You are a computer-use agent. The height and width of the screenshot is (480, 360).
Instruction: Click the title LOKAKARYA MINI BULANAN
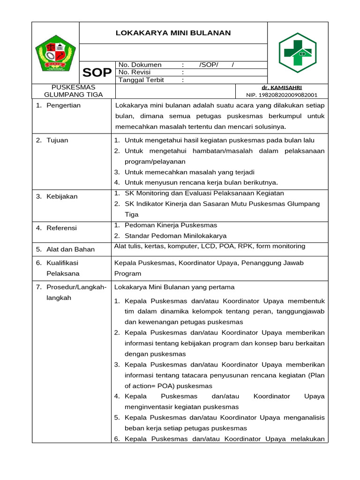[x=173, y=33]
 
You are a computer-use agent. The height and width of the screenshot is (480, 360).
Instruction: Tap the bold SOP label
[x=97, y=73]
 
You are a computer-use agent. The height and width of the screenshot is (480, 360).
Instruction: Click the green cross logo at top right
[x=298, y=52]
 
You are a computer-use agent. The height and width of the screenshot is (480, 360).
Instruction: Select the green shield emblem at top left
[x=56, y=53]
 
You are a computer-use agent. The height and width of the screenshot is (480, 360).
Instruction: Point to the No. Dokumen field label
[x=140, y=65]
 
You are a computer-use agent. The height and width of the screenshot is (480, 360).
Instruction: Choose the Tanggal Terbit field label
[x=141, y=80]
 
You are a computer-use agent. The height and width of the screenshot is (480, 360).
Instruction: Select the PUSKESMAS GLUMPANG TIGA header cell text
[x=73, y=90]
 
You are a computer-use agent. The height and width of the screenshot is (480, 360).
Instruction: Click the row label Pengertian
[x=63, y=105]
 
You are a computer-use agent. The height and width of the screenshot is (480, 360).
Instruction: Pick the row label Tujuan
[x=57, y=140]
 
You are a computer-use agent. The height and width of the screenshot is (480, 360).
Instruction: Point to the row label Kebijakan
[x=62, y=196]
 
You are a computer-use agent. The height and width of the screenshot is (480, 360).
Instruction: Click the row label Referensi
[x=61, y=228]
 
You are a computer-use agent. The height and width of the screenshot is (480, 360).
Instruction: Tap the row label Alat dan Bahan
[x=70, y=249]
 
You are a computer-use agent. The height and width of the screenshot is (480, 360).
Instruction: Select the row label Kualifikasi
[x=62, y=263]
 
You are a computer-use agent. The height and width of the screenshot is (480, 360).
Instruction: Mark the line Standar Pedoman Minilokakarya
[x=175, y=236]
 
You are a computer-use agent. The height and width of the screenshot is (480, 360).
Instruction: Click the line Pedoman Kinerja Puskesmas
[x=171, y=225]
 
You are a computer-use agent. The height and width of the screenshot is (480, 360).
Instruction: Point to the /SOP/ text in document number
[x=209, y=65]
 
